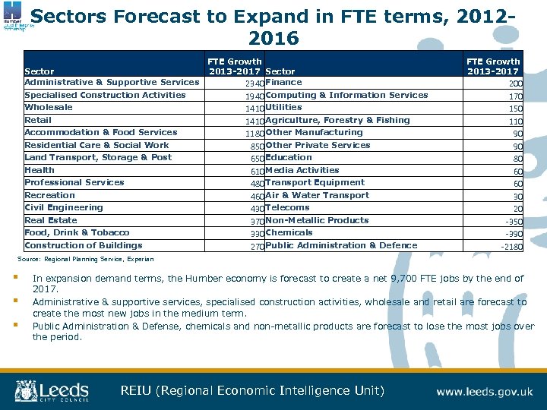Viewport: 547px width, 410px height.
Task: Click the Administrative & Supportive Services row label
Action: (x=112, y=82)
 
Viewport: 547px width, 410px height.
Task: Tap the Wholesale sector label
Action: (x=49, y=108)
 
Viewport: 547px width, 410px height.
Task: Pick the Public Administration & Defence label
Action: (x=341, y=245)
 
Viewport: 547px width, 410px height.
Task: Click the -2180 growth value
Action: (x=511, y=247)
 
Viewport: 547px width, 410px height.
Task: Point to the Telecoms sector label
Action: (x=287, y=207)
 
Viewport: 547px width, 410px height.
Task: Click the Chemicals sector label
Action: (x=289, y=232)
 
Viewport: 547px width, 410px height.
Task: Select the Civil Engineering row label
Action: (x=64, y=207)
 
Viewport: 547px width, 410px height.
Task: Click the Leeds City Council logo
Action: (x=52, y=391)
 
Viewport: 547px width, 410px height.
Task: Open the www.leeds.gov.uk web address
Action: (x=484, y=392)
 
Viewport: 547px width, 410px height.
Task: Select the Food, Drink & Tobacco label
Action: (x=77, y=232)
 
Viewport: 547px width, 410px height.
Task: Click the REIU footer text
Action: (x=252, y=391)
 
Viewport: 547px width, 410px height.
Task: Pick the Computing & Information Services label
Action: (x=346, y=95)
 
